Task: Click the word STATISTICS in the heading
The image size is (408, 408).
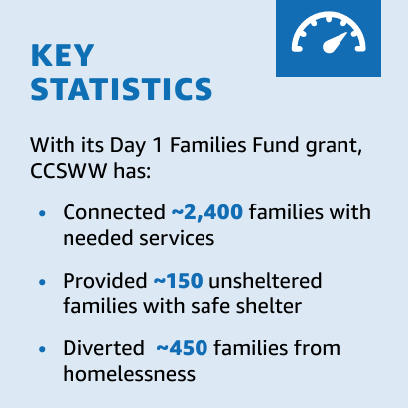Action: coord(122,89)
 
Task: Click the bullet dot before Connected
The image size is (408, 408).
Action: coord(41,214)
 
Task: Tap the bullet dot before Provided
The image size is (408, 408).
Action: coord(41,283)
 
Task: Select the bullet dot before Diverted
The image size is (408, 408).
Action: coord(41,349)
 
